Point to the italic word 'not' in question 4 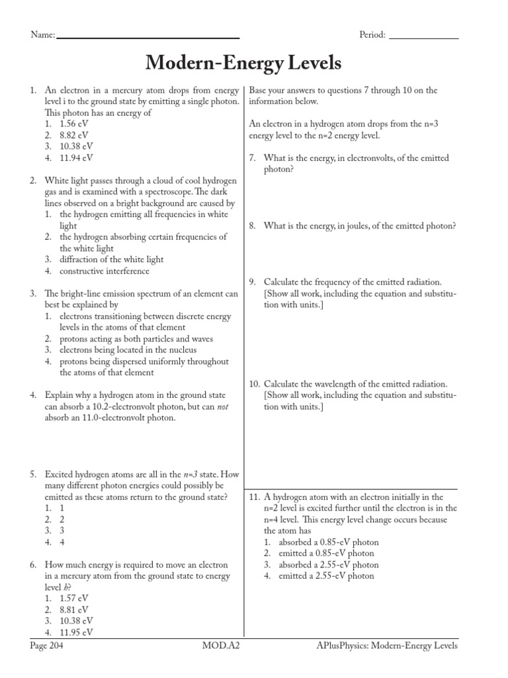tap(222, 407)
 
